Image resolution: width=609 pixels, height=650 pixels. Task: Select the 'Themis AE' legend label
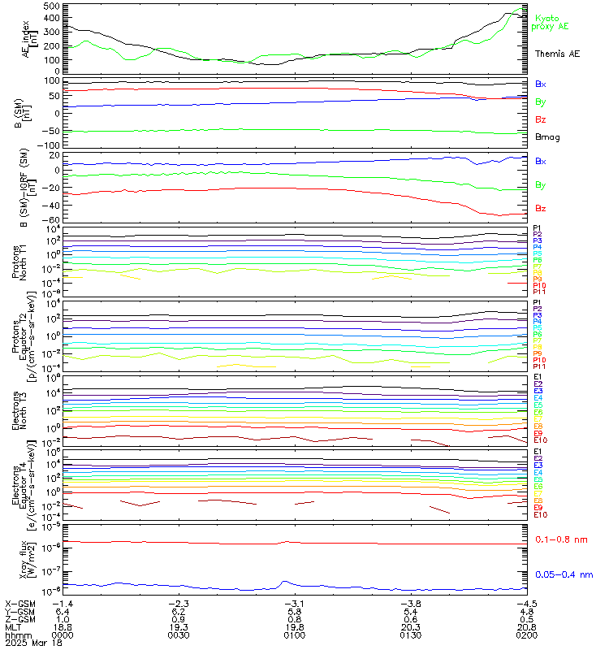[x=557, y=54]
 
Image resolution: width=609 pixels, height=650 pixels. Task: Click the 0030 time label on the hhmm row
[x=181, y=635]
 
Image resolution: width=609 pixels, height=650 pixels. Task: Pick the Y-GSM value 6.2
[x=181, y=611]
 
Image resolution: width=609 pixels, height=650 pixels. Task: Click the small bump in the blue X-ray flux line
[x=284, y=583]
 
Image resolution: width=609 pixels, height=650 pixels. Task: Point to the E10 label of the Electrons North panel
[x=541, y=440]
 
